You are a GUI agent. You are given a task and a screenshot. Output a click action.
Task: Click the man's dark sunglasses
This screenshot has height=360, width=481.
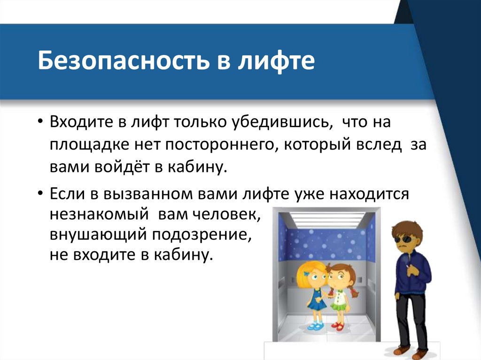point(403,239)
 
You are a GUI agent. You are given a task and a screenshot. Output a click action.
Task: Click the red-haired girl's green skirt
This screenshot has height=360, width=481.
point(338,306)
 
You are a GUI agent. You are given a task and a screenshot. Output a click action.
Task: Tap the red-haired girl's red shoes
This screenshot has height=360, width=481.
point(337,326)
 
